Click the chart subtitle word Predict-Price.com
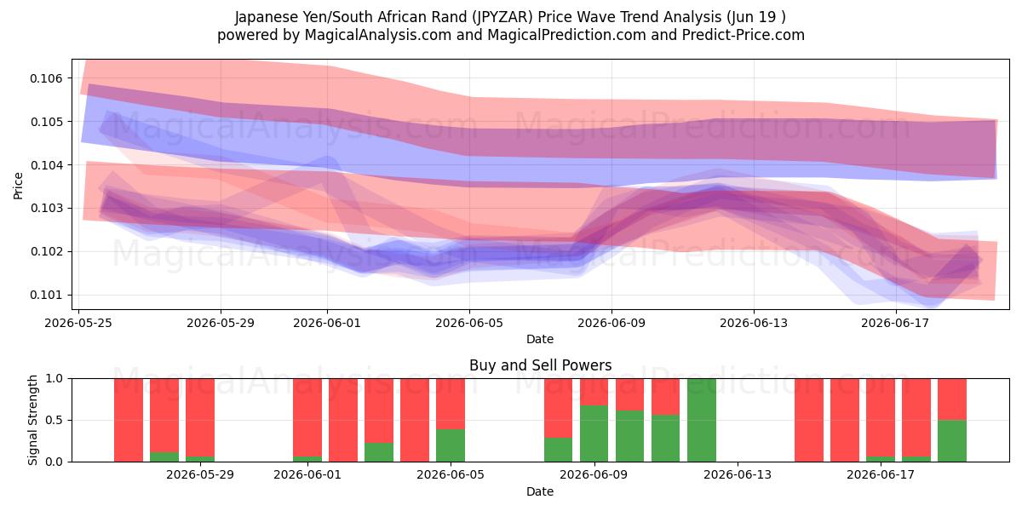[x=744, y=35]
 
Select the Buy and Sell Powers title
[x=540, y=365]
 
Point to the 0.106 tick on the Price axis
[x=46, y=78]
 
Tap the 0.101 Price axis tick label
[x=46, y=296]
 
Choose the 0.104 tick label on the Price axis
[x=46, y=165]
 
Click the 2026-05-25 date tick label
[x=78, y=323]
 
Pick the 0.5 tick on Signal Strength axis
[x=55, y=420]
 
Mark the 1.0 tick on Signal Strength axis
[x=55, y=379]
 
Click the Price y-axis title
[x=18, y=186]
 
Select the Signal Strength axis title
[x=32, y=420]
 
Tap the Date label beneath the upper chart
[x=540, y=339]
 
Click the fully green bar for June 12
[x=701, y=420]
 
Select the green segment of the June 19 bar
[x=952, y=441]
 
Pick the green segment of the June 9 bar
[x=594, y=433]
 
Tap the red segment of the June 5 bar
[x=451, y=404]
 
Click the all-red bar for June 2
[x=343, y=420]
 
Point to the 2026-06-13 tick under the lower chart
[x=738, y=475]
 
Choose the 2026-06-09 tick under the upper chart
[x=611, y=323]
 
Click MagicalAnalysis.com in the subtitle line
[x=378, y=35]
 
